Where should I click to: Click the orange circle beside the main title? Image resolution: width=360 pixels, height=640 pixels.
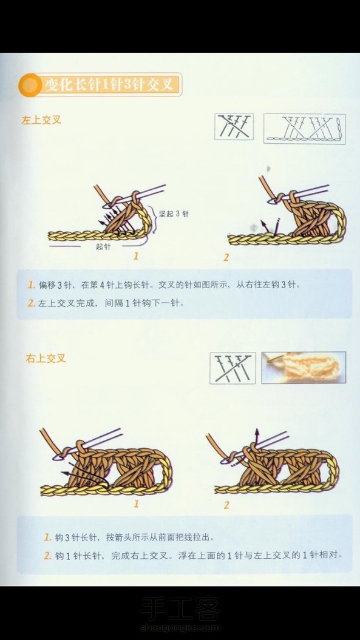(30, 84)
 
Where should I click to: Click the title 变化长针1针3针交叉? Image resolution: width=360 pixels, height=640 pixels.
(112, 84)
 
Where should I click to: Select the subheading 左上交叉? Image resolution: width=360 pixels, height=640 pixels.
(41, 120)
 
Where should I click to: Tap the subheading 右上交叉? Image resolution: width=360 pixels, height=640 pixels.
(46, 359)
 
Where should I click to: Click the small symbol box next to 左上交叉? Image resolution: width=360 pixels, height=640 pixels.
(234, 127)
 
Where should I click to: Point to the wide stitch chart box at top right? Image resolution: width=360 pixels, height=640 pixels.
(304, 129)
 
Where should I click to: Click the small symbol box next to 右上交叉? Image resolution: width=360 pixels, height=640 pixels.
(233, 368)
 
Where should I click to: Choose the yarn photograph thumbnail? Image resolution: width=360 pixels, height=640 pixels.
(304, 368)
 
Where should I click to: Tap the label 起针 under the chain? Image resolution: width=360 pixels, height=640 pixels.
(103, 246)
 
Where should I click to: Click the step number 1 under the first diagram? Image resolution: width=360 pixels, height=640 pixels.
(136, 256)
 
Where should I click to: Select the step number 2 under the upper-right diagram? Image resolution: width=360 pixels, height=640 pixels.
(226, 257)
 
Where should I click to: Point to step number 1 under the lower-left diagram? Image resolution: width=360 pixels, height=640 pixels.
(136, 504)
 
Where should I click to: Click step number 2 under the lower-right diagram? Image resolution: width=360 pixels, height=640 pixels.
(226, 505)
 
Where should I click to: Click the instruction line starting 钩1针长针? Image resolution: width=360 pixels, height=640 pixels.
(198, 556)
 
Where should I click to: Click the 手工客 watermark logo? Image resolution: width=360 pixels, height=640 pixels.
(180, 609)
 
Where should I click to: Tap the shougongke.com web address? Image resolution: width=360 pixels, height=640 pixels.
(180, 628)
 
